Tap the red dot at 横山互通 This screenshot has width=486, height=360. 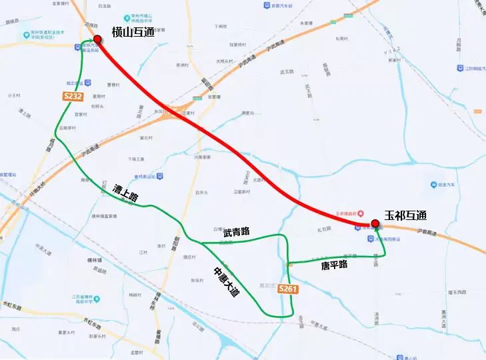click(x=98, y=39)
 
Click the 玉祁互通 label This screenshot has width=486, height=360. click(x=405, y=216)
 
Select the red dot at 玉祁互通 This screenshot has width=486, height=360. click(x=375, y=223)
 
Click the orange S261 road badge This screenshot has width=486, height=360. click(x=288, y=289)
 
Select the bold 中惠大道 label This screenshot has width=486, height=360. click(x=225, y=281)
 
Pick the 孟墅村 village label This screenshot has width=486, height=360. click(x=137, y=351)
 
